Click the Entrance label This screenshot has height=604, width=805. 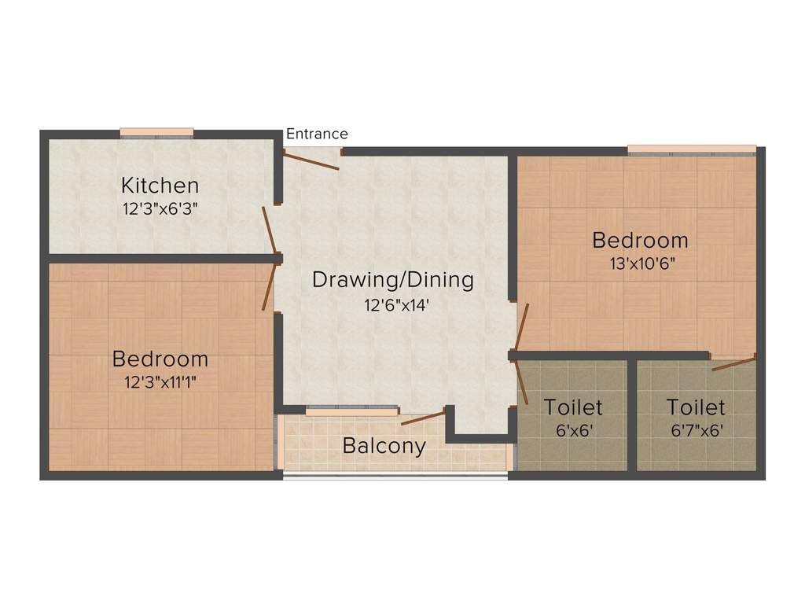tap(317, 134)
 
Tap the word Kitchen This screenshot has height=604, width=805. tap(160, 186)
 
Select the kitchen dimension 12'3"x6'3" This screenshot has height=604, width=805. tap(160, 209)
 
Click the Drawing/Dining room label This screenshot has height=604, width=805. tap(393, 279)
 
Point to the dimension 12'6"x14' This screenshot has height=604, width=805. tap(395, 304)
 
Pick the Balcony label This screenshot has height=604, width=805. tap(384, 446)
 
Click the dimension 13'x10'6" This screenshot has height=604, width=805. tap(642, 263)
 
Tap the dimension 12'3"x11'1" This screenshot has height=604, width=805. tap(160, 383)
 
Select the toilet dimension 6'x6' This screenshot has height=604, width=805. tap(573, 430)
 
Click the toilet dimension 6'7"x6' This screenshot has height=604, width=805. tap(696, 430)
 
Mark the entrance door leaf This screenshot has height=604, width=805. tap(311, 160)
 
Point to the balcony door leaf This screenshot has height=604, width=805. tap(423, 417)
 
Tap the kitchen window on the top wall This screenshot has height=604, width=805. tap(157, 132)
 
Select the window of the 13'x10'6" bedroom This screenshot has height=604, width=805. tap(692, 149)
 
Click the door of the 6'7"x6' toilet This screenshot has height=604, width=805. tap(733, 363)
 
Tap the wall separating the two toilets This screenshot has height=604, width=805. tap(631, 414)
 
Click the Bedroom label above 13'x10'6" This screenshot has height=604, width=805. tap(640, 240)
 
